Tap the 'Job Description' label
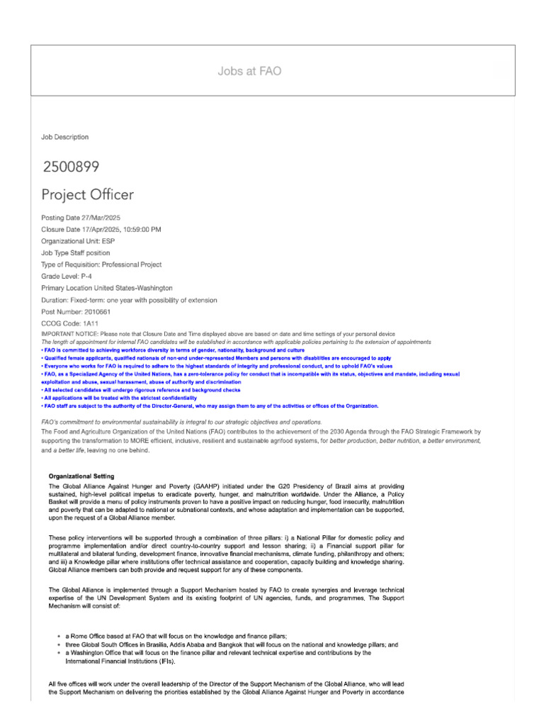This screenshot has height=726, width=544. [x=65, y=137]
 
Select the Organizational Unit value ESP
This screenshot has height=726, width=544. [x=108, y=241]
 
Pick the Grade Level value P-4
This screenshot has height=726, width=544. [x=92, y=277]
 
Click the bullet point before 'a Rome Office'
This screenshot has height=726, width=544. [x=58, y=637]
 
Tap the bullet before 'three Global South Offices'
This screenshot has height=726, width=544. [x=58, y=645]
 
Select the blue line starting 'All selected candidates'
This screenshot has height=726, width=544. [x=142, y=390]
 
